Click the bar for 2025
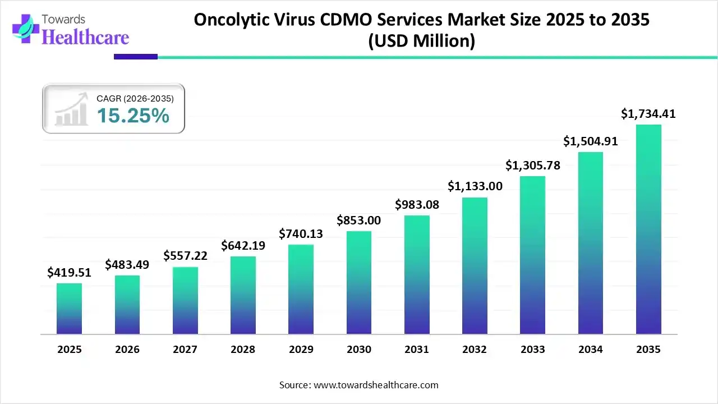(69, 309)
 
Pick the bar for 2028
(243, 295)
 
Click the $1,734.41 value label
(648, 114)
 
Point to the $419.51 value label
(69, 273)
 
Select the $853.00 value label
(358, 221)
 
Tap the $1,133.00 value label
(475, 186)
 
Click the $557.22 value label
(185, 256)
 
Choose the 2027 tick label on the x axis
(185, 350)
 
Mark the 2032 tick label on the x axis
(475, 350)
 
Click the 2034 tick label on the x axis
(591, 350)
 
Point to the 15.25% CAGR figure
(133, 116)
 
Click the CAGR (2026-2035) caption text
(135, 98)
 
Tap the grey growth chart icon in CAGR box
(71, 109)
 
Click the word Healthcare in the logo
(85, 37)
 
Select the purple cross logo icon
(25, 29)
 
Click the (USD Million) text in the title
(421, 41)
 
